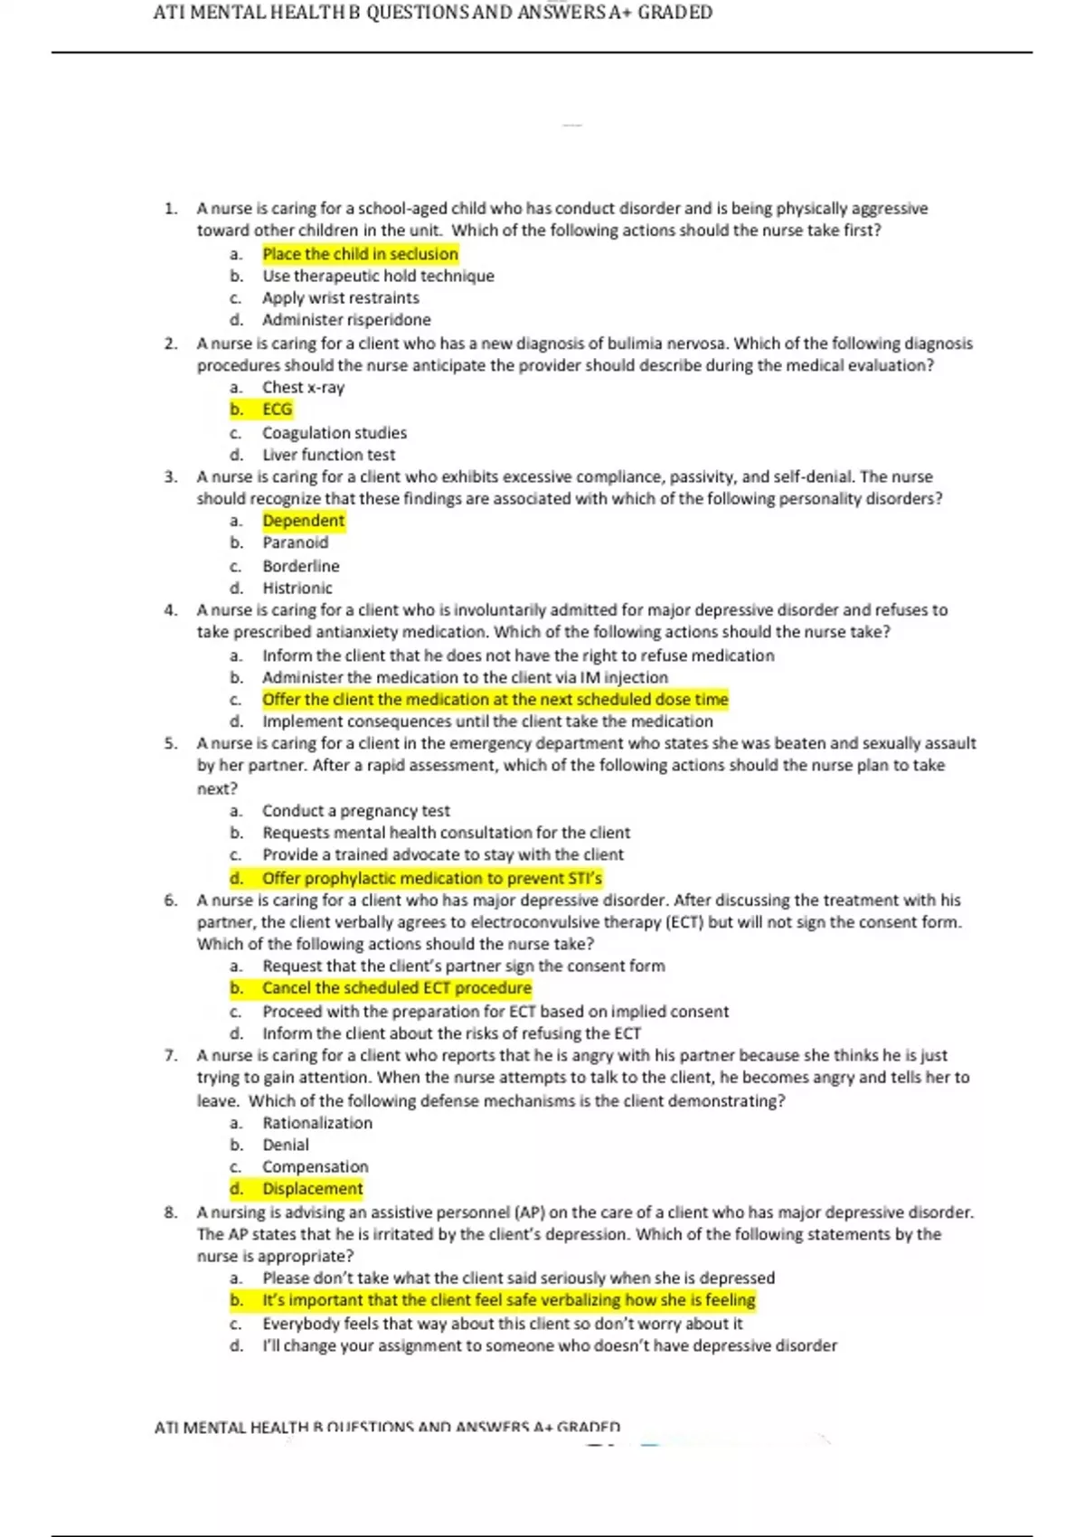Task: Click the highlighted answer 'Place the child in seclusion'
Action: [x=360, y=254]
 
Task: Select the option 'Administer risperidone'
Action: [x=346, y=320]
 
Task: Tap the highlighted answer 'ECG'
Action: [x=277, y=410]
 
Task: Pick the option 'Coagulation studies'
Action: [x=335, y=433]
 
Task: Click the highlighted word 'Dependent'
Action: [x=303, y=521]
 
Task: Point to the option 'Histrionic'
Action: [x=297, y=588]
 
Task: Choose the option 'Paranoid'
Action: [x=295, y=542]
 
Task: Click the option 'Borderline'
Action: [x=301, y=566]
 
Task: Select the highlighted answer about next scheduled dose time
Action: [x=495, y=700]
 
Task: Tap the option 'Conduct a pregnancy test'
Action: [x=355, y=811]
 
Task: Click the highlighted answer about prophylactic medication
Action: [x=431, y=878]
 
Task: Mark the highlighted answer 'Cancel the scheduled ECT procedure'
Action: [x=396, y=988]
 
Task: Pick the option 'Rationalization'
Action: [x=317, y=1123]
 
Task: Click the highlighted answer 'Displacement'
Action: [x=312, y=1189]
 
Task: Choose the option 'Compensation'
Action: [x=316, y=1166]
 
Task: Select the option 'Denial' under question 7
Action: [x=286, y=1145]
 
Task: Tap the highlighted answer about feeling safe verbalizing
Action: [x=508, y=1300]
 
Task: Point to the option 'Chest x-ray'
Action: [x=303, y=388]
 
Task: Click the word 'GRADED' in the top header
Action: [x=675, y=13]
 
